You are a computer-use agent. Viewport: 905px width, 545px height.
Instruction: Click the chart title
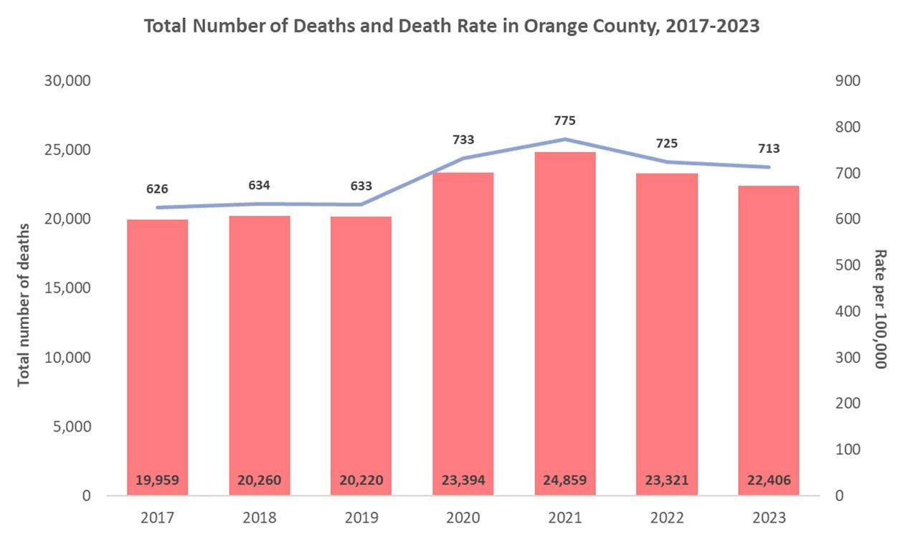click(x=452, y=27)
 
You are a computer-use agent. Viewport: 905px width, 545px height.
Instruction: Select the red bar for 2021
click(x=565, y=323)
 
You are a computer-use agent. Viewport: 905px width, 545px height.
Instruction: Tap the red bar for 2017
click(x=157, y=344)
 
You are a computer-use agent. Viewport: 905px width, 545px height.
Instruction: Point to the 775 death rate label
click(x=565, y=120)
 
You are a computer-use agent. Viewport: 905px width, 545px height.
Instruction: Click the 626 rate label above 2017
click(x=157, y=189)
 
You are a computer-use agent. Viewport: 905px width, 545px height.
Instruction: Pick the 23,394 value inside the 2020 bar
click(x=463, y=480)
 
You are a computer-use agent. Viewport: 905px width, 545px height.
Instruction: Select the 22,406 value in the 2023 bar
click(x=769, y=480)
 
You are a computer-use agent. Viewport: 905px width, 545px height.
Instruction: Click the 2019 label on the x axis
click(x=361, y=518)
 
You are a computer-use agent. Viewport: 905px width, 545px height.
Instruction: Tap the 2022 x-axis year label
click(x=667, y=518)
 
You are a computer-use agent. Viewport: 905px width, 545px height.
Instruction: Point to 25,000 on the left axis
click(x=67, y=150)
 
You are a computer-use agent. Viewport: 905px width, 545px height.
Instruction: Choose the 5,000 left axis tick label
click(x=71, y=427)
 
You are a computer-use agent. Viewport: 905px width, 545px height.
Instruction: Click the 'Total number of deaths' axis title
click(x=24, y=305)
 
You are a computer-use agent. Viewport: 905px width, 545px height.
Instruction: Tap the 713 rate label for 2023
click(x=769, y=149)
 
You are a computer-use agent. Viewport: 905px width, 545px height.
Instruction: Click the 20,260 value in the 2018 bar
click(x=259, y=480)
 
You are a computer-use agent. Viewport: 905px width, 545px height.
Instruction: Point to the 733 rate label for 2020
click(x=463, y=140)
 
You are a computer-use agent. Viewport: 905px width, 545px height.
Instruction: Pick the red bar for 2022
click(x=667, y=330)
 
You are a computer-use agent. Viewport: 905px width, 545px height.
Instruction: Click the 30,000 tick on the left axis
click(x=67, y=81)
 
